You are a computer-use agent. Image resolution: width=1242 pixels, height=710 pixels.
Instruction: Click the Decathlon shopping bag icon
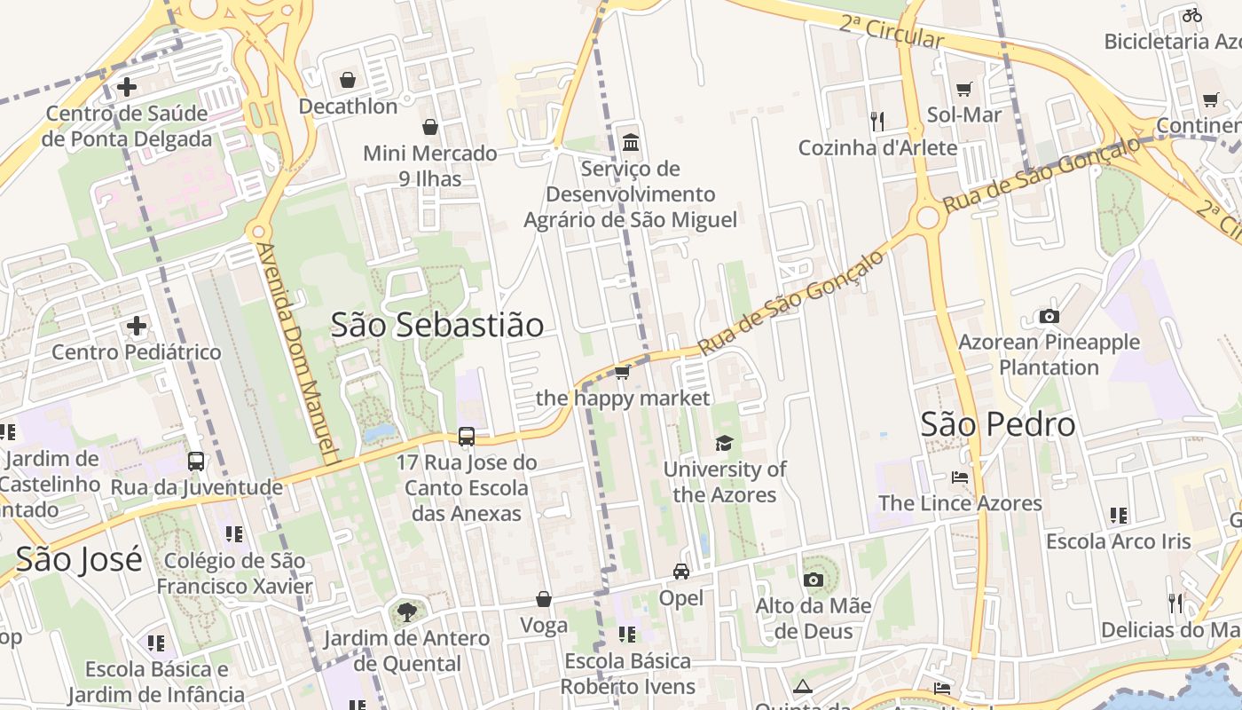click(x=348, y=80)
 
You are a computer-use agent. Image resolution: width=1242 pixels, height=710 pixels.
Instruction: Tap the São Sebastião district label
click(x=437, y=325)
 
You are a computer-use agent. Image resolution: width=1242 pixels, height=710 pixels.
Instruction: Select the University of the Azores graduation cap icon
click(x=725, y=443)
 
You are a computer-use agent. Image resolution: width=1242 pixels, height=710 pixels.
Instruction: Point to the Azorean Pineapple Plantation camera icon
click(x=1049, y=316)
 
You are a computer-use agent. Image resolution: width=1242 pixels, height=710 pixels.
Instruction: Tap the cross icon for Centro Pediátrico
click(x=136, y=326)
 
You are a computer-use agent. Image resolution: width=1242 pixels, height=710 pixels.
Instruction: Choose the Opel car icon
click(x=681, y=572)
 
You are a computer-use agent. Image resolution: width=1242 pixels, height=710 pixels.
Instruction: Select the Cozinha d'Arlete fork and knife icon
click(x=877, y=121)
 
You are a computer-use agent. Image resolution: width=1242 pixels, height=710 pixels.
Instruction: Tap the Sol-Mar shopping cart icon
click(x=964, y=89)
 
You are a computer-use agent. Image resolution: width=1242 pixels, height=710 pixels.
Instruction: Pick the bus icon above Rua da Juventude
click(x=196, y=461)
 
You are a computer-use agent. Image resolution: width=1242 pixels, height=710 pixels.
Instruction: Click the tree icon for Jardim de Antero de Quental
click(x=406, y=611)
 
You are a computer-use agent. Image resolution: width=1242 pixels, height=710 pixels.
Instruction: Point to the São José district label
click(x=79, y=559)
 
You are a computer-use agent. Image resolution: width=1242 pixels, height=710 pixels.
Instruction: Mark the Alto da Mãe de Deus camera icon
click(x=813, y=580)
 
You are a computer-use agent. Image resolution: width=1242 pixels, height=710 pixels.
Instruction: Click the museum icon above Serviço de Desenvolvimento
click(x=631, y=142)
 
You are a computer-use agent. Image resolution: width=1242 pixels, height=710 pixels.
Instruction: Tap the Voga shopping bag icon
click(x=544, y=600)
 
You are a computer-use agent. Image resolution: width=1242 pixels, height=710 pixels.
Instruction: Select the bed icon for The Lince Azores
click(x=960, y=477)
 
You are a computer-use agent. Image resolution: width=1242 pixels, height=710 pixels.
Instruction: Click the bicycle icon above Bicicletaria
click(x=1191, y=15)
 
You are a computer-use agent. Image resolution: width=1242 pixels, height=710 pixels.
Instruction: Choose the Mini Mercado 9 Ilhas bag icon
click(x=430, y=127)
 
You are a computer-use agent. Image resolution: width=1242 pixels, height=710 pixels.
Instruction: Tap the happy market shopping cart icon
click(x=623, y=372)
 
